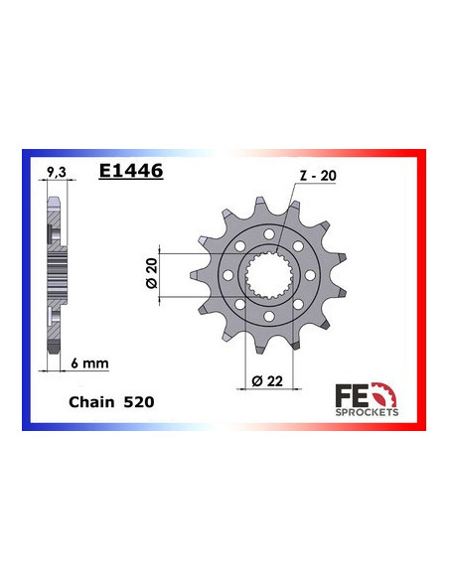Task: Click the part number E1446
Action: click(x=131, y=171)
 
